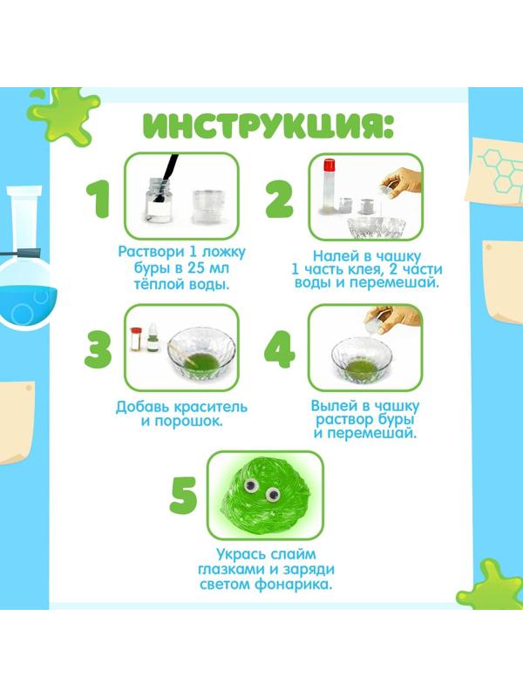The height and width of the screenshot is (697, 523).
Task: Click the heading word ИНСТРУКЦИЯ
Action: [x=268, y=125]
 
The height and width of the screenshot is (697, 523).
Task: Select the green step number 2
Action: [x=279, y=199]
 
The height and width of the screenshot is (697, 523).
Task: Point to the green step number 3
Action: [x=98, y=349]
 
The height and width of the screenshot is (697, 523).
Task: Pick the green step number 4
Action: [x=279, y=349]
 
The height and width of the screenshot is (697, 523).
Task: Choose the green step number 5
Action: [x=184, y=496]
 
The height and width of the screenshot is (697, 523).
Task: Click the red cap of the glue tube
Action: [x=329, y=165]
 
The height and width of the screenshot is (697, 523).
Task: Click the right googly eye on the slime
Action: [x=272, y=494]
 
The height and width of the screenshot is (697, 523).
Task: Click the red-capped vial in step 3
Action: [x=136, y=340]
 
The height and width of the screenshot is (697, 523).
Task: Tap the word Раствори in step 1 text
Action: [x=151, y=252]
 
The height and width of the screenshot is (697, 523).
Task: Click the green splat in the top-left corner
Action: [x=62, y=116]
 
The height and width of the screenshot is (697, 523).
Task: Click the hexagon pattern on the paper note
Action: [x=500, y=169]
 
